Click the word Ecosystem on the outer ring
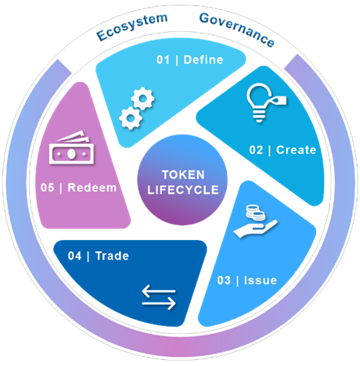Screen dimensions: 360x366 [132, 27]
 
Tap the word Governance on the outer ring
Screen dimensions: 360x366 [237, 29]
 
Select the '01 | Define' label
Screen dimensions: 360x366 [190, 60]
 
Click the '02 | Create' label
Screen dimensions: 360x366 [283, 150]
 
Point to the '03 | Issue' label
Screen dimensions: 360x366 [247, 280]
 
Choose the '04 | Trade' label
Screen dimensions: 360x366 [99, 256]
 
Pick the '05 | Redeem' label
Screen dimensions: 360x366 [78, 188]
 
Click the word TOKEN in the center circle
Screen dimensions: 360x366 [183, 174]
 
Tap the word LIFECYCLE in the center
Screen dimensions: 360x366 [183, 190]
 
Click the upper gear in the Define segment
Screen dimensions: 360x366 [142, 99]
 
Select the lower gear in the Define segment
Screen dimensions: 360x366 [131, 118]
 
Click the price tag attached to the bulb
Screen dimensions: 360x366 [279, 100]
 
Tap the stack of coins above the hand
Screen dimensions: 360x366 [255, 213]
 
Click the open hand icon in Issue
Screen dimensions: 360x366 [255, 228]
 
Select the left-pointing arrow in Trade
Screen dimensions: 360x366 [159, 291]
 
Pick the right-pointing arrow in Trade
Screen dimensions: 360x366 [159, 303]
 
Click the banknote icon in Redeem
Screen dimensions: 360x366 [71, 148]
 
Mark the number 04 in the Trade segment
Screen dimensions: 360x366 [74, 256]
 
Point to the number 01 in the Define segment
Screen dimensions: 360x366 [163, 60]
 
